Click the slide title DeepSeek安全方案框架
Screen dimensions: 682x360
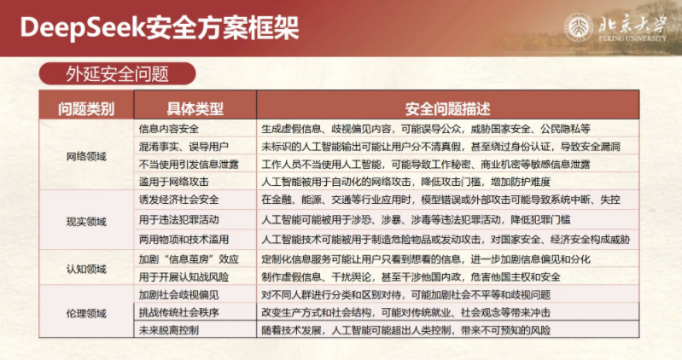tap(160, 28)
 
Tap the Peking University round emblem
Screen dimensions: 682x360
tap(578, 28)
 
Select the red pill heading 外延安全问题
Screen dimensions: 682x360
tap(118, 73)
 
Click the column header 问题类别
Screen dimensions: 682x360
tap(86, 108)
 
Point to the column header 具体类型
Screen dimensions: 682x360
tap(195, 108)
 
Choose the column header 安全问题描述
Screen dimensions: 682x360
tap(447, 108)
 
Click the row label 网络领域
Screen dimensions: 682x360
tap(86, 156)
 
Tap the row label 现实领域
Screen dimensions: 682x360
tap(86, 222)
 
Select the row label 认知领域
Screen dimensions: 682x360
tap(86, 269)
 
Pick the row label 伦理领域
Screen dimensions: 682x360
tap(86, 313)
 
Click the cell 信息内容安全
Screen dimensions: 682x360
tap(169, 129)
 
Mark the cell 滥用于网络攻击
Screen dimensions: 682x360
tap(173, 182)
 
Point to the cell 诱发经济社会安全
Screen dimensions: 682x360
tap(178, 200)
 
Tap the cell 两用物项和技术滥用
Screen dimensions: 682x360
tap(184, 239)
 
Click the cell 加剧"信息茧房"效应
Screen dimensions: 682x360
tap(189, 259)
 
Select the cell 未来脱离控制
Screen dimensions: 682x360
tap(169, 330)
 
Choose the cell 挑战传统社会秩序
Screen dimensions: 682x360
tap(178, 312)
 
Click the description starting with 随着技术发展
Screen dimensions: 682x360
tap(405, 330)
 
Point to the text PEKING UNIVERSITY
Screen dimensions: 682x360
tap(632, 38)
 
